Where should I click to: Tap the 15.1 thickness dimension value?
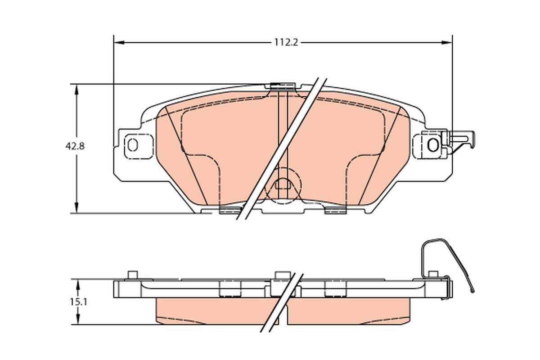[x=78, y=302]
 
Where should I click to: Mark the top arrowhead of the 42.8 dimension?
[x=77, y=89]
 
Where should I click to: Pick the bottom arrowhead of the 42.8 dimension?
[x=77, y=207]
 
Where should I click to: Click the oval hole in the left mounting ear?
[x=132, y=145]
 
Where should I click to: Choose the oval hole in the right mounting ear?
[x=432, y=145]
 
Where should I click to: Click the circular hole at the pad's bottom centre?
[x=283, y=183]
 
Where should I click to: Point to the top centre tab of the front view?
[x=282, y=85]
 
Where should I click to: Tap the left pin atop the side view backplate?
[x=132, y=274]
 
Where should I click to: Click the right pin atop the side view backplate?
[x=433, y=274]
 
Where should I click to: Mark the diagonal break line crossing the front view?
[x=281, y=148]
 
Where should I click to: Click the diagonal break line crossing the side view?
[x=281, y=302]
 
